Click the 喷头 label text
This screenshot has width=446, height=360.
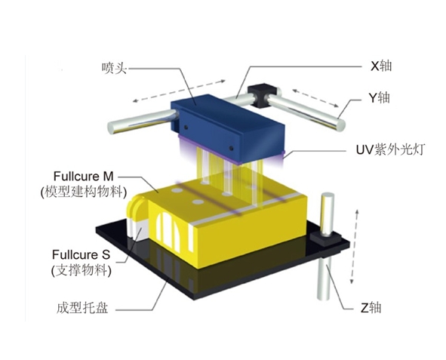pyautogui.click(x=114, y=69)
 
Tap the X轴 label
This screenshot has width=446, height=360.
pyautogui.click(x=381, y=66)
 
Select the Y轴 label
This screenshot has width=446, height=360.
pyautogui.click(x=380, y=98)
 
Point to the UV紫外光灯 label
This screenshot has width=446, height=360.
pyautogui.click(x=390, y=149)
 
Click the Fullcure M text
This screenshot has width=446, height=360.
pyautogui.click(x=83, y=177)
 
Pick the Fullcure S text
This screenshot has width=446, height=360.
pyautogui.click(x=81, y=254)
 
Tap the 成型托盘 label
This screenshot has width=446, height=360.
pyautogui.click(x=82, y=308)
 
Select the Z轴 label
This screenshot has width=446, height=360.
pyautogui.click(x=371, y=308)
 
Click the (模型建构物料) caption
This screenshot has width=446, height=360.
pyautogui.click(x=83, y=192)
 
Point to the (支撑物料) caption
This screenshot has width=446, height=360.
pyautogui.click(x=82, y=270)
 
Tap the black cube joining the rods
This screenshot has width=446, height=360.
pyautogui.click(x=263, y=95)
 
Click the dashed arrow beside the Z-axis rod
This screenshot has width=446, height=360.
pyautogui.click(x=355, y=246)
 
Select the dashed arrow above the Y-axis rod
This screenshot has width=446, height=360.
pyautogui.click(x=315, y=98)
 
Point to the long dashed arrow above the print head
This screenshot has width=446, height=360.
pyautogui.click(x=179, y=91)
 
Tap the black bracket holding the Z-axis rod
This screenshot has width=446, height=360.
pyautogui.click(x=326, y=238)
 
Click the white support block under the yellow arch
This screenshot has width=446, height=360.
pyautogui.click(x=139, y=231)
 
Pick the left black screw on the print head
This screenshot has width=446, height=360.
pyautogui.click(x=186, y=127)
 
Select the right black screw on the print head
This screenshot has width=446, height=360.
pyautogui.click(x=231, y=148)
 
